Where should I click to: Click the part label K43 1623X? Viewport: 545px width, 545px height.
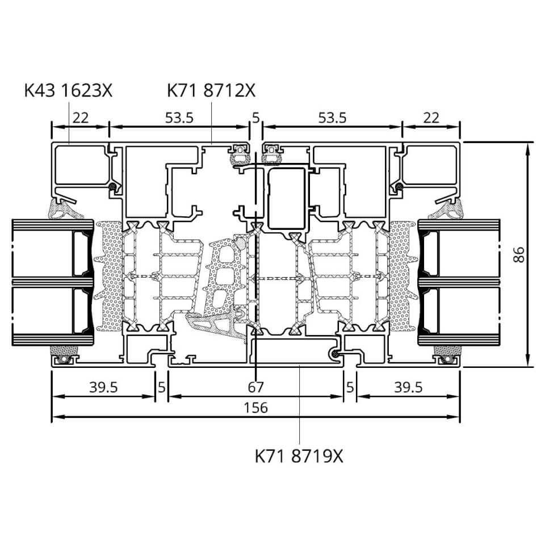(69, 90)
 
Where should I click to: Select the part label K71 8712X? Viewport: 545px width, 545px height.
(211, 90)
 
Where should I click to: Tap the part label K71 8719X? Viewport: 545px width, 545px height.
(299, 456)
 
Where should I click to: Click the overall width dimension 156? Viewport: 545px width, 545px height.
(256, 408)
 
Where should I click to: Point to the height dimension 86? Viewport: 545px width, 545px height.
(518, 254)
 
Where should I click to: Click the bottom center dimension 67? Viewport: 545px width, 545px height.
(256, 387)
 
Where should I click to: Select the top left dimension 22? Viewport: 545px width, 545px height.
(81, 118)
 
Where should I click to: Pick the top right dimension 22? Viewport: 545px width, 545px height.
(431, 118)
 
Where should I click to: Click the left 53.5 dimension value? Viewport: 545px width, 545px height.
(179, 118)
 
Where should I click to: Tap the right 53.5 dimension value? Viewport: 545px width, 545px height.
(332, 118)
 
